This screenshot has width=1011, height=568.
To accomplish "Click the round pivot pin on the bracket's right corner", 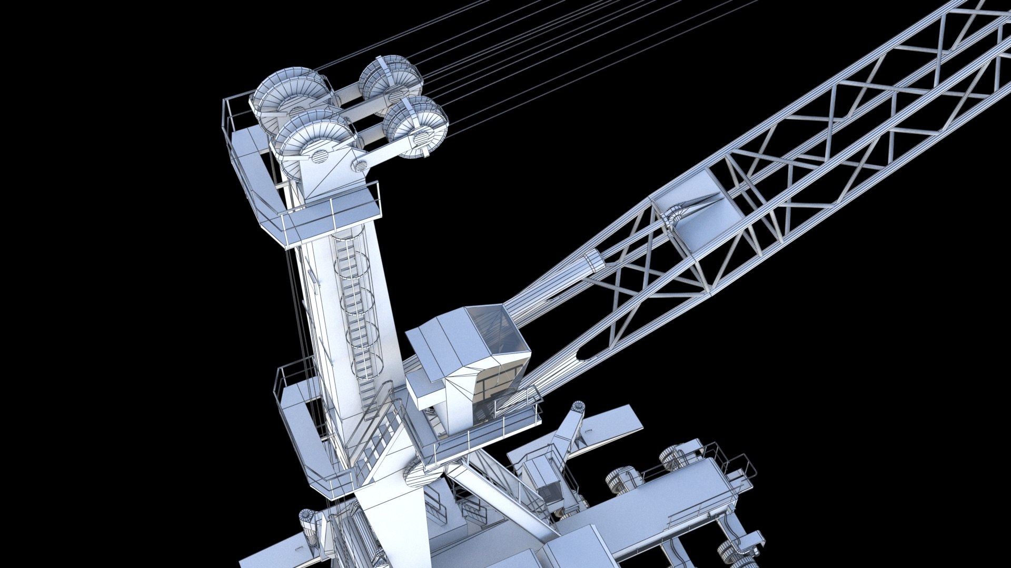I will (x=361, y=165).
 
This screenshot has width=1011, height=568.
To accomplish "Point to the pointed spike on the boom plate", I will (x=700, y=202).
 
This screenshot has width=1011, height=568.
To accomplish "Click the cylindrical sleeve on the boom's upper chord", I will (x=594, y=261).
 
